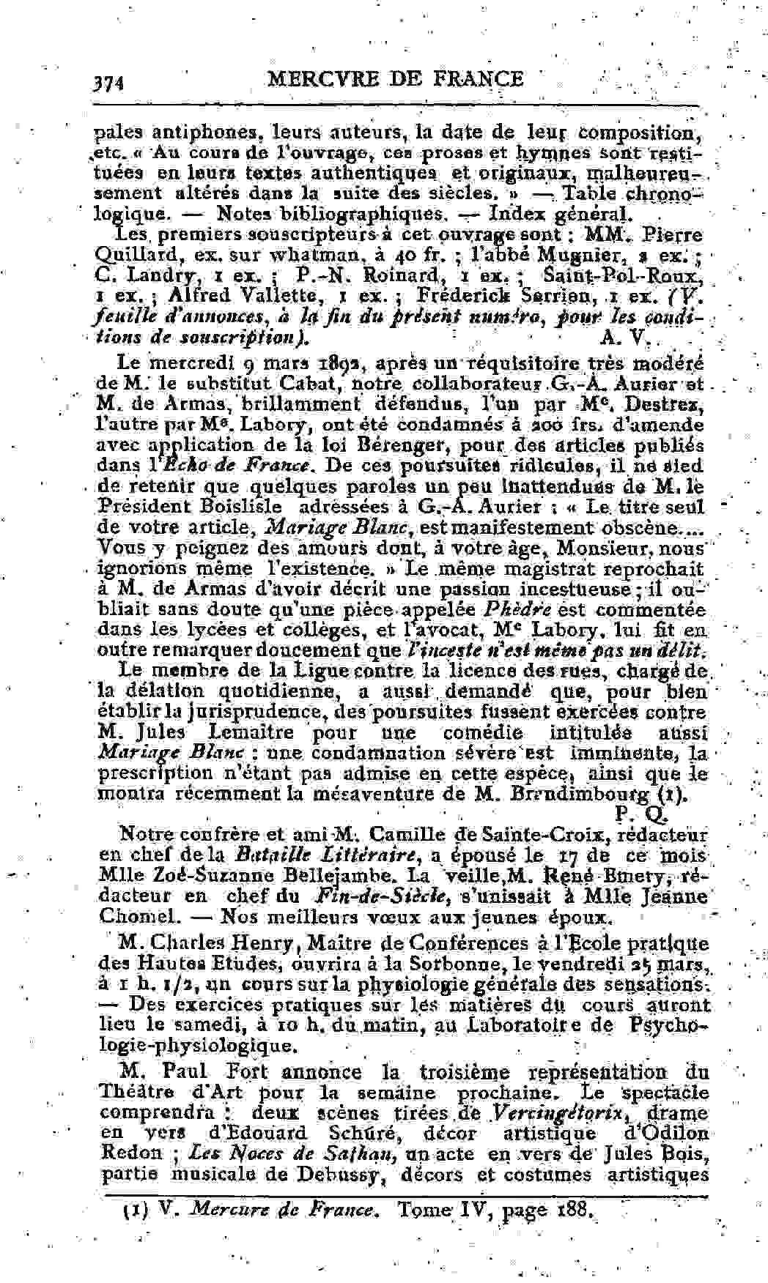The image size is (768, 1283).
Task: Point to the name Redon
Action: [130, 1153]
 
